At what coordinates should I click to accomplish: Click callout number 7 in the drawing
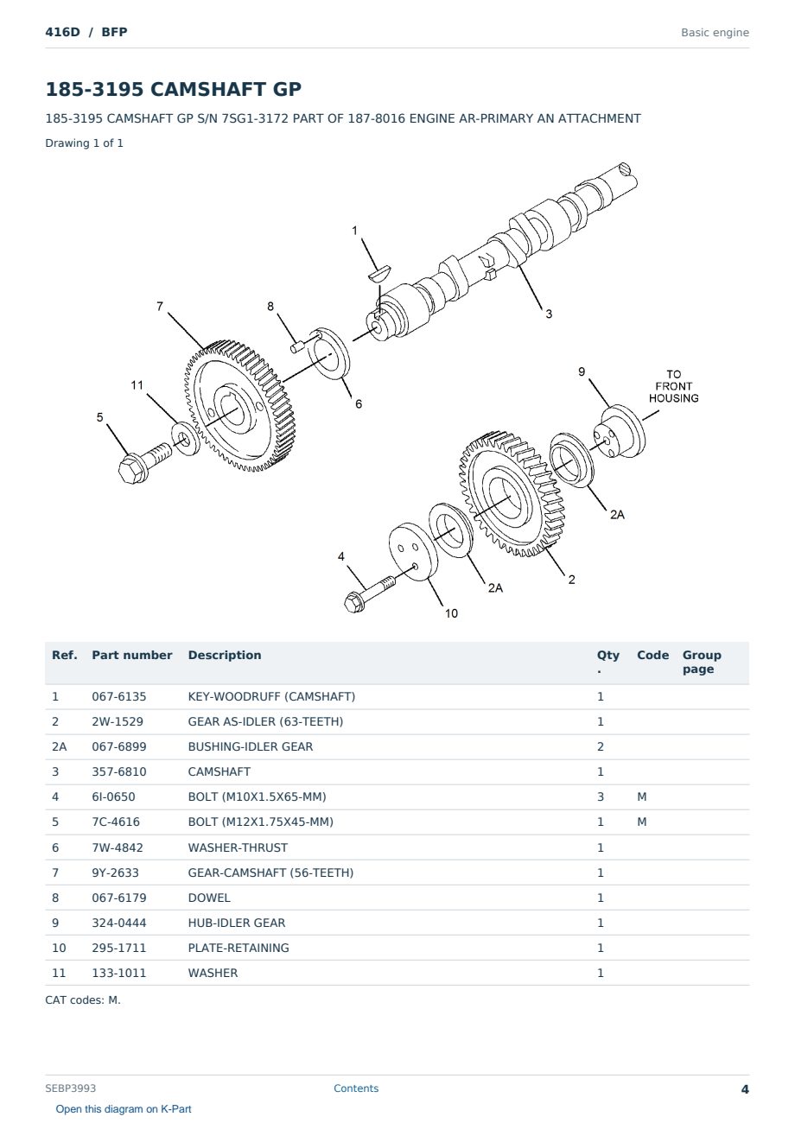(160, 306)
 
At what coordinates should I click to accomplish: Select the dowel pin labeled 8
(297, 346)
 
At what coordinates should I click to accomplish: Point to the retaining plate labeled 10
(413, 551)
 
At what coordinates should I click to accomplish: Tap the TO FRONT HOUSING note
(673, 386)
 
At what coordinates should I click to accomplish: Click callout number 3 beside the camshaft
(549, 314)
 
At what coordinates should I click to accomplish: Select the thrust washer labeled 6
(328, 354)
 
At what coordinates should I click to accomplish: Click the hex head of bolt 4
(354, 601)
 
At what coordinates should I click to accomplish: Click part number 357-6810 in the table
(119, 771)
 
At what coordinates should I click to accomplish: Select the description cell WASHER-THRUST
(238, 847)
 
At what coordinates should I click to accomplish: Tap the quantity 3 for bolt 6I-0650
(601, 796)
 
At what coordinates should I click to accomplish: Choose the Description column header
(225, 655)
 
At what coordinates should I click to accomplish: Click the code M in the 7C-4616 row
(641, 822)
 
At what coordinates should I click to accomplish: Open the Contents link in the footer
(356, 1088)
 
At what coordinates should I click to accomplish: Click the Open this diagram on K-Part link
(124, 1108)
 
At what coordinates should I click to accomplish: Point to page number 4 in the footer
(745, 1089)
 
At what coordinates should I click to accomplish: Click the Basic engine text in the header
(715, 33)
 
